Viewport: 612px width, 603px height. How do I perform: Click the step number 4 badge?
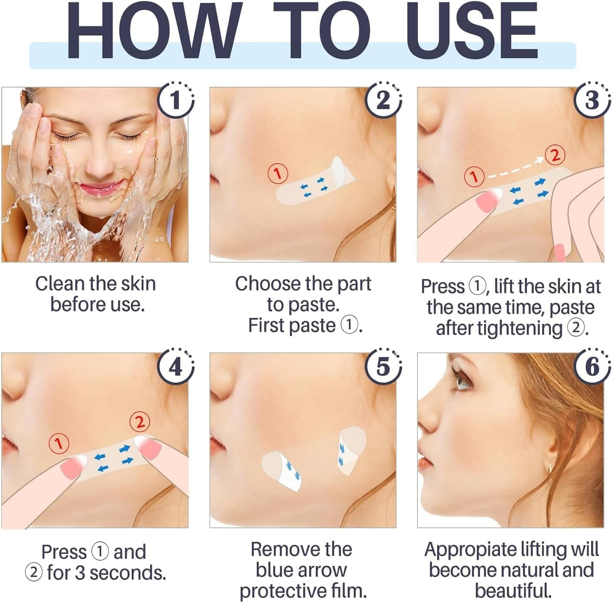point(175,367)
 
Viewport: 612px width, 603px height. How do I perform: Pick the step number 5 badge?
point(383,367)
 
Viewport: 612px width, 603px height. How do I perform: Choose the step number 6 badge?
point(591,367)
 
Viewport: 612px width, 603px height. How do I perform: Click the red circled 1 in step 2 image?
point(278,174)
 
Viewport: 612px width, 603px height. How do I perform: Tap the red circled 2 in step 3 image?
point(555,155)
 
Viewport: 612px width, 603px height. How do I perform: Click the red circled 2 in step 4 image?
point(140,422)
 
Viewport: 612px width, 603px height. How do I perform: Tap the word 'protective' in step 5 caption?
point(278,591)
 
